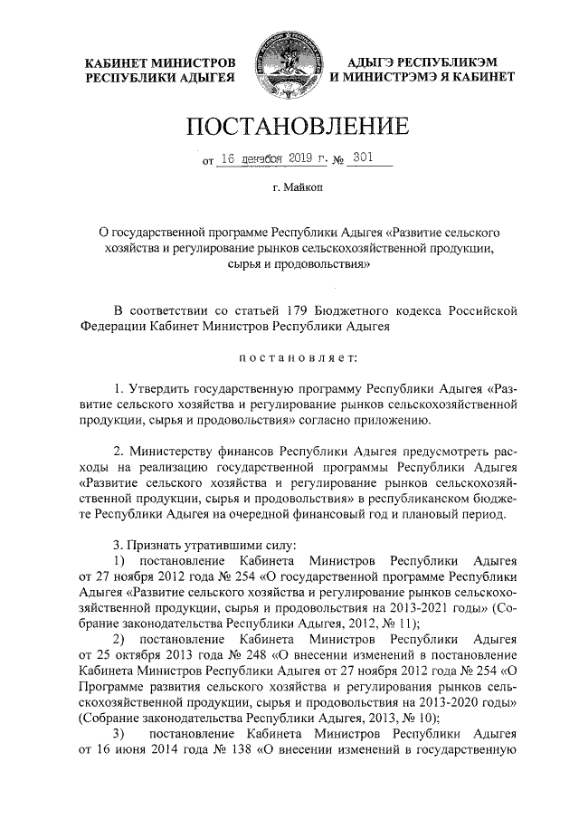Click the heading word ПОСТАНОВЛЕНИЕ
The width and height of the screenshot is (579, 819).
pyautogui.click(x=289, y=125)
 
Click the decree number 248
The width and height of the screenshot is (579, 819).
pyautogui.click(x=237, y=653)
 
